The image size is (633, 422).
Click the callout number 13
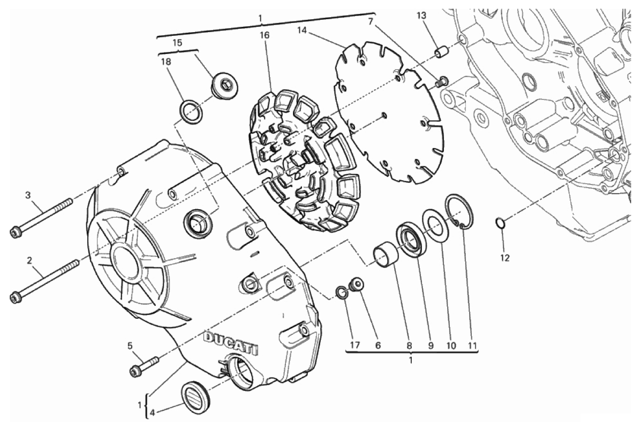(x=422, y=16)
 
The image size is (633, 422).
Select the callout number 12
(x=505, y=258)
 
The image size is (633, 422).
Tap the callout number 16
(x=265, y=35)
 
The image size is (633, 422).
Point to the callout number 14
(x=303, y=30)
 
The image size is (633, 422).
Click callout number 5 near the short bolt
(x=130, y=345)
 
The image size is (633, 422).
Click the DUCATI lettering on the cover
(x=231, y=341)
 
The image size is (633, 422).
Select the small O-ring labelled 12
(x=500, y=222)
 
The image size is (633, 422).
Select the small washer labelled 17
(x=340, y=291)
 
